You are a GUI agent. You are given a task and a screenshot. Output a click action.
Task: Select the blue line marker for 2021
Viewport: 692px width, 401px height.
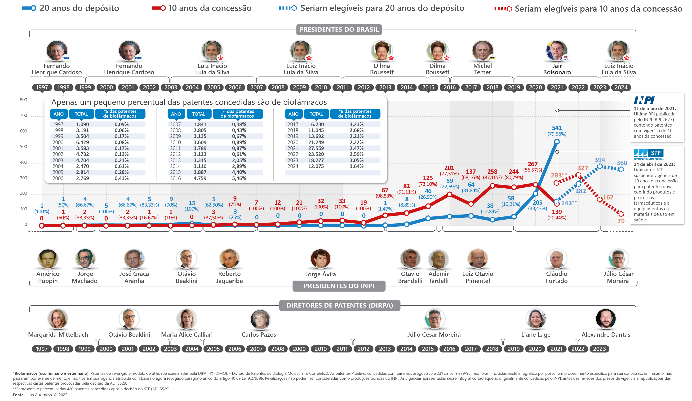pos(557,142)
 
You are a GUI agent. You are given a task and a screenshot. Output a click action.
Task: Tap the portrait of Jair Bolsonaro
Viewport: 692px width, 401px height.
pos(557,51)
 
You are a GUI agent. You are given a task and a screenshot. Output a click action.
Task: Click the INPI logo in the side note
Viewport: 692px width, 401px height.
pos(644,100)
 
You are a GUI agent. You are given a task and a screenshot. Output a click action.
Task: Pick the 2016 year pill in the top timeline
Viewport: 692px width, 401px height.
pos(449,87)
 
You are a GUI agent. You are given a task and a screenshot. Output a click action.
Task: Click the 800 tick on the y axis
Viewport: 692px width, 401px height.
pos(24,100)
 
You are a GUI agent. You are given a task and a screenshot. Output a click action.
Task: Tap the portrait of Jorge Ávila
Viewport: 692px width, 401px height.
pos(320,259)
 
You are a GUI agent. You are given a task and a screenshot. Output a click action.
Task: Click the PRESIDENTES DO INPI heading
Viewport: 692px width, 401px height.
pos(339,286)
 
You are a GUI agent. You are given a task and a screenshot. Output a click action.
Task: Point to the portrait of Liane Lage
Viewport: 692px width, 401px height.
pos(536,318)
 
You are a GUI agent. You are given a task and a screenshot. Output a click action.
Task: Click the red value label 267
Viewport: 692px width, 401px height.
pos(532,164)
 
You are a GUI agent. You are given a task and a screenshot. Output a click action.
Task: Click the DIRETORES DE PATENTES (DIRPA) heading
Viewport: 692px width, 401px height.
pos(339,305)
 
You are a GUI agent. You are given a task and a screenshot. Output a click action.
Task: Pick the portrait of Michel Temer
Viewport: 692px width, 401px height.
pos(482,51)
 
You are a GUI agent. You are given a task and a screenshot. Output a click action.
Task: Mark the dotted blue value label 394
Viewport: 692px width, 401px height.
pos(599,160)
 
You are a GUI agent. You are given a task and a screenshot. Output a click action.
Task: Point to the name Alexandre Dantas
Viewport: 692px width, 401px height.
pos(606,334)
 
